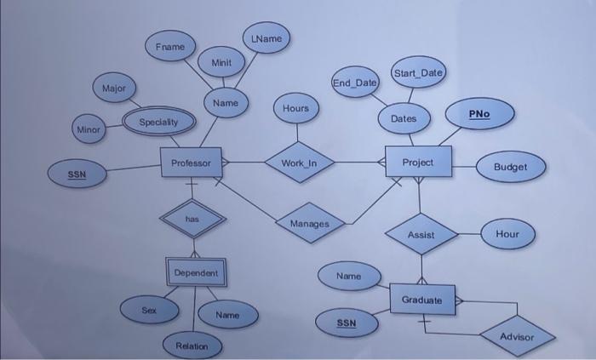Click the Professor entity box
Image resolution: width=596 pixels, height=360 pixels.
(191, 162)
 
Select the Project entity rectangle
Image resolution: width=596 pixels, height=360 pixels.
(417, 162)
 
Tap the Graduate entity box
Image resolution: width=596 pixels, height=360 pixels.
(421, 300)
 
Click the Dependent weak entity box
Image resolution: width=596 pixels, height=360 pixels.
(196, 272)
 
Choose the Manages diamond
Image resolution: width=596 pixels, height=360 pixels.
(310, 223)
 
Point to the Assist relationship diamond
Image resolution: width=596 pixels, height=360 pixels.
(421, 234)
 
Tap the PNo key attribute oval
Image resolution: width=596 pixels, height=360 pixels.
(479, 113)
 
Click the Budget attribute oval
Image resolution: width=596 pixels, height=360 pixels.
(510, 167)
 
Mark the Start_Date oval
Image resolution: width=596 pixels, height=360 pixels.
(418, 73)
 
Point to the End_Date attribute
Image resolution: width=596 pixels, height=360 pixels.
(355, 83)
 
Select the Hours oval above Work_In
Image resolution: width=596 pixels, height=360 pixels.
(296, 109)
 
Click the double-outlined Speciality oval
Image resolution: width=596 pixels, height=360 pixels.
(158, 122)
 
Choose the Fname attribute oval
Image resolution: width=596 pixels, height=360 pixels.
(169, 46)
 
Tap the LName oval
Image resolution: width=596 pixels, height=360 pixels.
(266, 38)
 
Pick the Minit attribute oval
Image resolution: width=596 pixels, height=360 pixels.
(221, 62)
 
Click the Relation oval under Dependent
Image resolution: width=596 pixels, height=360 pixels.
(192, 346)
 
